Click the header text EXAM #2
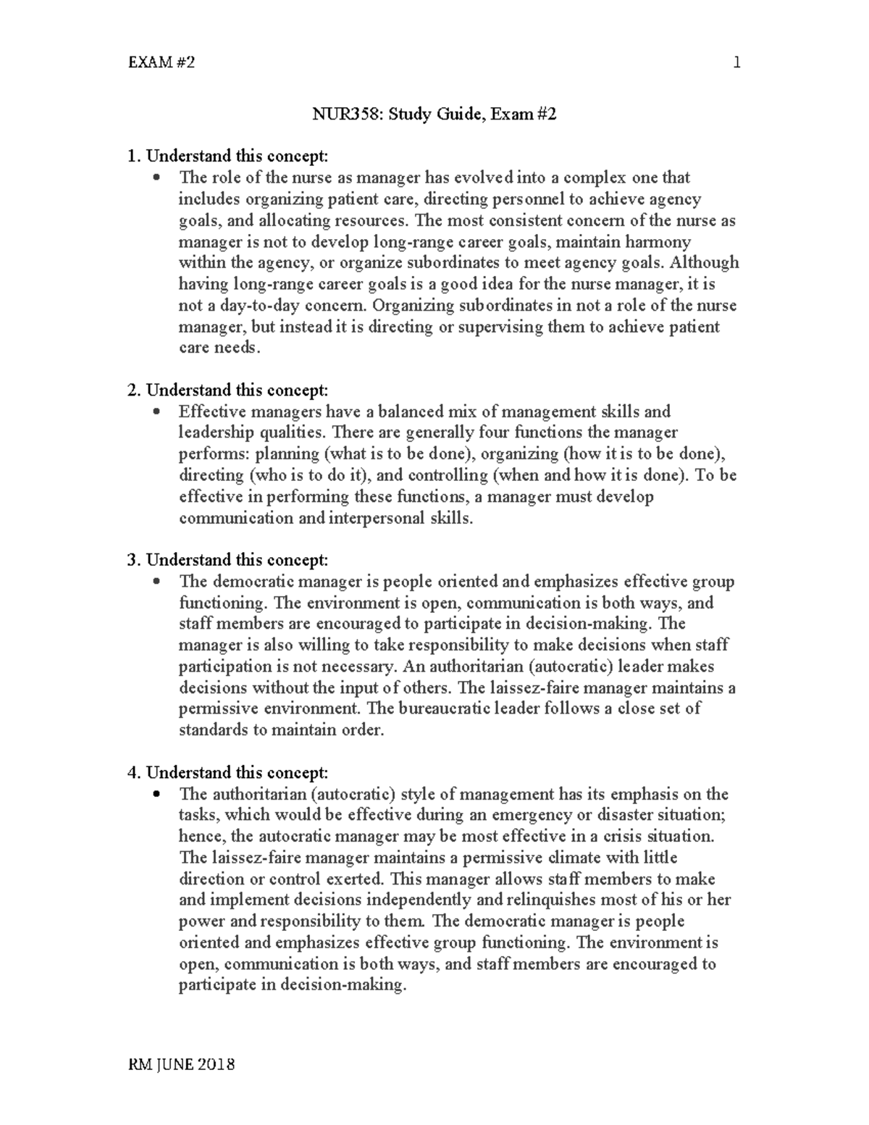tap(161, 63)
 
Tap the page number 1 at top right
tap(736, 63)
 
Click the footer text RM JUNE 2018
tap(181, 1065)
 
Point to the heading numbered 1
tap(227, 156)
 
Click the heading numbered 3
tap(227, 560)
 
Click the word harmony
tap(660, 241)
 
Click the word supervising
tap(500, 327)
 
